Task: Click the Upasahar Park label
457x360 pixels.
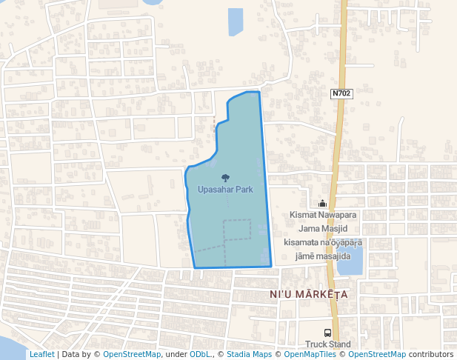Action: click(x=225, y=190)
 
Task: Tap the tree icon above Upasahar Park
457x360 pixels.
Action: click(x=225, y=177)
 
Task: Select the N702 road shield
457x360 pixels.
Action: click(x=341, y=93)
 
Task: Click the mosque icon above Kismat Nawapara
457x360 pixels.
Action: click(x=322, y=204)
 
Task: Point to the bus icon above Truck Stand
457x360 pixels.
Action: click(x=328, y=333)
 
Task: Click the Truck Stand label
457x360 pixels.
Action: click(x=328, y=344)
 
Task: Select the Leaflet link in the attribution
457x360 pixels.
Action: click(x=41, y=354)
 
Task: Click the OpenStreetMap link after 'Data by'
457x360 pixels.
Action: click(x=132, y=354)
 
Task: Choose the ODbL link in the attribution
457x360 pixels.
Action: click(x=200, y=354)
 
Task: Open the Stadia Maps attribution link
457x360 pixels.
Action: click(x=249, y=354)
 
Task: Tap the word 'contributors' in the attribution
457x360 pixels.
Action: click(x=431, y=354)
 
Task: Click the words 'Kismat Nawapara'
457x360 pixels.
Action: click(x=324, y=216)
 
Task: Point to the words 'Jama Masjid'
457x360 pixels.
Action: click(x=324, y=229)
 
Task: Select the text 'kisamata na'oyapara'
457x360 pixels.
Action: click(x=323, y=242)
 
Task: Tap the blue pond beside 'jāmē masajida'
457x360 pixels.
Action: click(x=351, y=259)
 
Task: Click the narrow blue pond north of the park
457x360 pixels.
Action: click(x=236, y=21)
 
